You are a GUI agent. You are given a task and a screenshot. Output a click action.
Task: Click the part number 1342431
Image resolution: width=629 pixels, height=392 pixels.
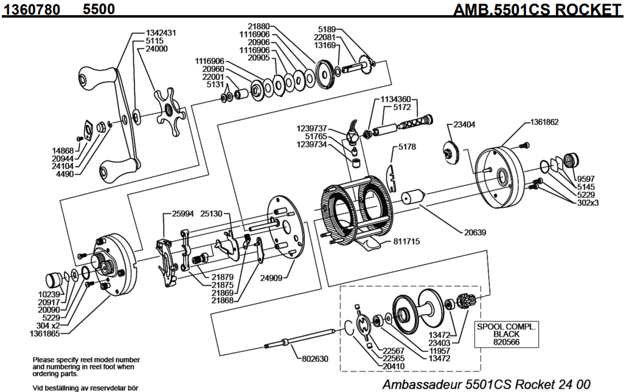pyautogui.click(x=161, y=33)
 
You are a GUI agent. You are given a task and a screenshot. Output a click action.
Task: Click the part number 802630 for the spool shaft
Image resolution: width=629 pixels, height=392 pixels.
pyautogui.click(x=315, y=359)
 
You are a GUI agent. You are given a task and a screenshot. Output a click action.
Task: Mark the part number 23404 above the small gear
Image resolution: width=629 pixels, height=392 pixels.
pyautogui.click(x=465, y=124)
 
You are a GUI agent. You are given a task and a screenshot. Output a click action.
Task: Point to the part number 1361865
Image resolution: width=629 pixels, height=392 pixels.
pyautogui.click(x=44, y=333)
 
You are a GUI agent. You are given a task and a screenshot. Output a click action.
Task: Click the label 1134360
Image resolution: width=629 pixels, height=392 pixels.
pyautogui.click(x=396, y=98)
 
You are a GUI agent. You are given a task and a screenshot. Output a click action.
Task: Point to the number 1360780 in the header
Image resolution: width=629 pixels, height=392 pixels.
pyautogui.click(x=35, y=9)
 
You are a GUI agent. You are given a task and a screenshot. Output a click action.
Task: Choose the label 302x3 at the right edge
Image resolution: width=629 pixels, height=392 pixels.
pyautogui.click(x=588, y=202)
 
